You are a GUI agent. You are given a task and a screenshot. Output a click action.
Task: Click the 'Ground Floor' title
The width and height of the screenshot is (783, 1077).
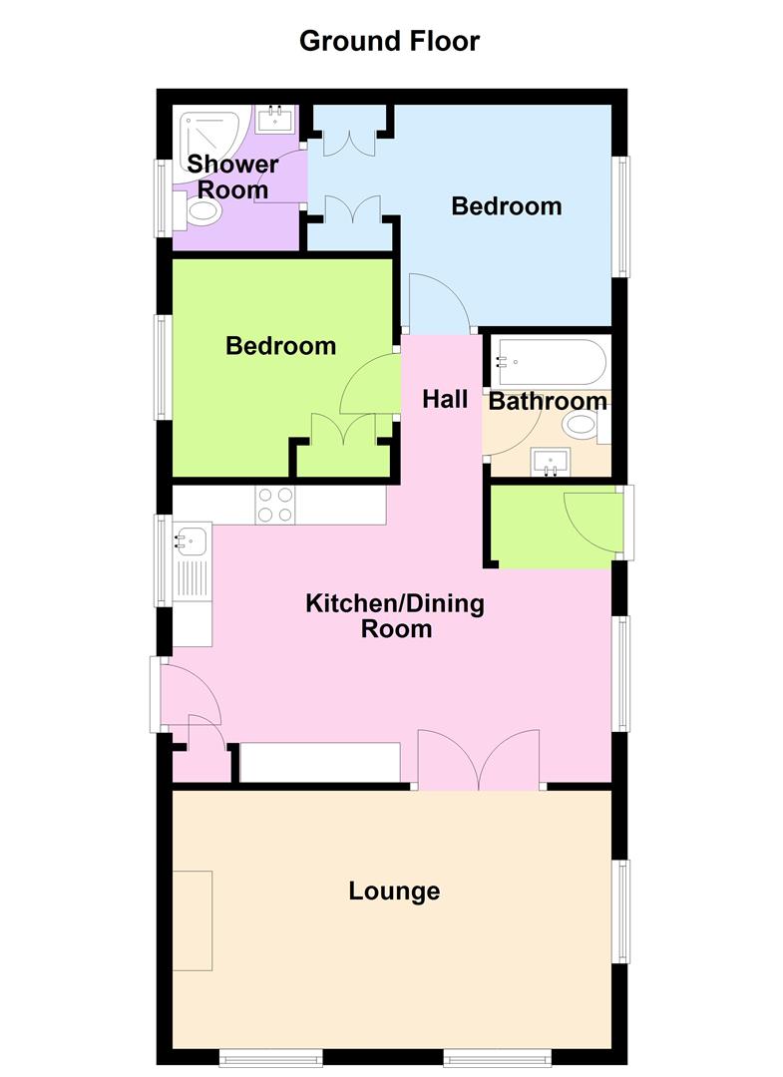point(389,41)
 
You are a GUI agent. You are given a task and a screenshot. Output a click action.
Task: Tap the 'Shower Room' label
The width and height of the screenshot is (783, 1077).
point(233,177)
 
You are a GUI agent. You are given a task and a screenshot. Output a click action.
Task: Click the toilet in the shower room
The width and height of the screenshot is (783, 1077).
point(200,210)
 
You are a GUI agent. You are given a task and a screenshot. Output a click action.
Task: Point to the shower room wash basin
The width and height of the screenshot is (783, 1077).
point(273,121)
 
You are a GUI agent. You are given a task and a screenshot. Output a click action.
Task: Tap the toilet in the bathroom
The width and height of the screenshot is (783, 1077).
point(583,427)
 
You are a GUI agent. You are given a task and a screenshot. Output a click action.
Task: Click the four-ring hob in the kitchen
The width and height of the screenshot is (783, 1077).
point(274,504)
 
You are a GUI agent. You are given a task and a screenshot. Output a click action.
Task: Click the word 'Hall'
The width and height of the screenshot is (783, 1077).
point(445,400)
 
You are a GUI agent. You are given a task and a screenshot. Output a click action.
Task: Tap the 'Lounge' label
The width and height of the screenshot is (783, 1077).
point(394,891)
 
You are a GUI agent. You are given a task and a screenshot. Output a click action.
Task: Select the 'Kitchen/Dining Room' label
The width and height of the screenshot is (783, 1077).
point(394,615)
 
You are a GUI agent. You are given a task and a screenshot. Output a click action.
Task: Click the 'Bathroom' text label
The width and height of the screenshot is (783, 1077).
point(548,401)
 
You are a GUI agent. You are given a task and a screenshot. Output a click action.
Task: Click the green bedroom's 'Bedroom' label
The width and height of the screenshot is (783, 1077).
point(280,346)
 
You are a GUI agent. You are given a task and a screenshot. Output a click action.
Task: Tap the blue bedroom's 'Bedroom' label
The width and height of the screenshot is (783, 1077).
point(507,206)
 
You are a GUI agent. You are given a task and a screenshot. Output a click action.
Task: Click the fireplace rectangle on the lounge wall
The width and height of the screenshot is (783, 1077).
point(193,919)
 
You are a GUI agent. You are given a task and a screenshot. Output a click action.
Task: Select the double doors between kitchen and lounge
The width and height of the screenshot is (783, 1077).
point(480,761)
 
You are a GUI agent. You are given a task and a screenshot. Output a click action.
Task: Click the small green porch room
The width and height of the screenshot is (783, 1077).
point(554,527)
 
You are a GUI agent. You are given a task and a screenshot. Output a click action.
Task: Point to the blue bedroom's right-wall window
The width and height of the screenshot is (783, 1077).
point(622,215)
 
